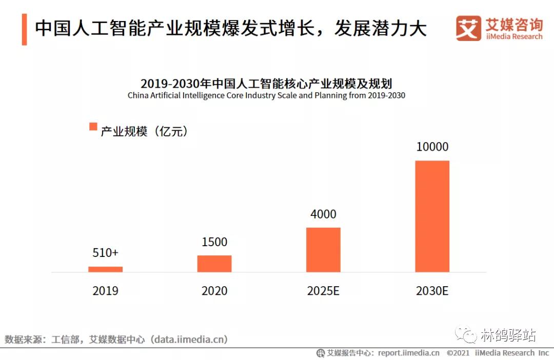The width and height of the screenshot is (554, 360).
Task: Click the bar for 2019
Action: tap(105, 269)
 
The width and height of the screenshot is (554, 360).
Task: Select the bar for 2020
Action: tap(214, 264)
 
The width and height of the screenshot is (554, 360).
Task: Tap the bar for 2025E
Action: tap(323, 250)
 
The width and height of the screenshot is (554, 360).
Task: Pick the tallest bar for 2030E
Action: tap(432, 216)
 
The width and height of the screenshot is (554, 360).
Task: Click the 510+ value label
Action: tap(105, 253)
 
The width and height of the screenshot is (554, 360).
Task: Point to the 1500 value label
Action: tap(214, 242)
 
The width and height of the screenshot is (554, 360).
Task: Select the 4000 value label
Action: tap(323, 214)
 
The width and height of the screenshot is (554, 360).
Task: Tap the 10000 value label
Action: tap(432, 147)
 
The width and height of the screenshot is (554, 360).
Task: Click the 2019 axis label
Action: tap(105, 291)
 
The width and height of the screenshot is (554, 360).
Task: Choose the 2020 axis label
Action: tap(214, 291)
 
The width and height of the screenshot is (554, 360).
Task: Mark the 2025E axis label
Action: tap(323, 291)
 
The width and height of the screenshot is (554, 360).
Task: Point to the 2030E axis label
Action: tap(432, 291)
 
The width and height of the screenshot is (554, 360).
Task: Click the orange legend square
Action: tap(93, 127)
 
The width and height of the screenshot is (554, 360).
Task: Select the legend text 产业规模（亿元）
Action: tap(144, 131)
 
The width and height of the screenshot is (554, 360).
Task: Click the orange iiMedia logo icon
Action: tap(468, 28)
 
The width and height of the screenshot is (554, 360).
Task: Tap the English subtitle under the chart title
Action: tap(266, 95)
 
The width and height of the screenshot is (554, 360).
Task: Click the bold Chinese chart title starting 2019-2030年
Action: tap(266, 84)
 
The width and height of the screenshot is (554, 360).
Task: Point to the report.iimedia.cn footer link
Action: tap(409, 353)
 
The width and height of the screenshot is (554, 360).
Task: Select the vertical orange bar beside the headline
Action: tap(25, 29)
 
